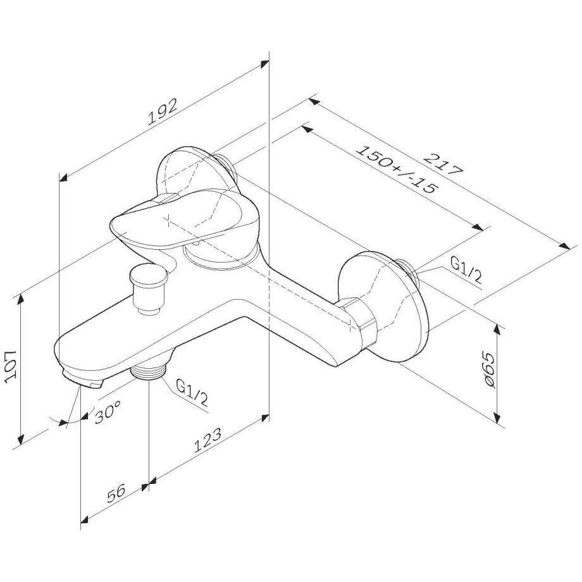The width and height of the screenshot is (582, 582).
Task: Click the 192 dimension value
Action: click(162, 111)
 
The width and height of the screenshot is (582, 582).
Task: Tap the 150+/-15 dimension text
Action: click(395, 170)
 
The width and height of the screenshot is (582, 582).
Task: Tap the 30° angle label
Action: click(108, 411)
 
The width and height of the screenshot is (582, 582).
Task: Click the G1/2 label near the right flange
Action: click(466, 270)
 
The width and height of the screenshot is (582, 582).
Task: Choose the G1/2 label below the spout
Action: click(192, 393)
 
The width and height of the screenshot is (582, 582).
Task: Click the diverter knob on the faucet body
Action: click(148, 288)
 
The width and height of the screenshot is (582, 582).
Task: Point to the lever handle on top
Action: click(185, 220)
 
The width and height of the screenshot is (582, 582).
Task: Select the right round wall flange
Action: click(383, 307)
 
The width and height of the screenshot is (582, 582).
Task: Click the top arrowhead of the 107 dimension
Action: click(21, 298)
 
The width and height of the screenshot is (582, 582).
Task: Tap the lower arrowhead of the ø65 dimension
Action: click(497, 418)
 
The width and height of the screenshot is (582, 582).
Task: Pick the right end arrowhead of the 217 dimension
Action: click(564, 246)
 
